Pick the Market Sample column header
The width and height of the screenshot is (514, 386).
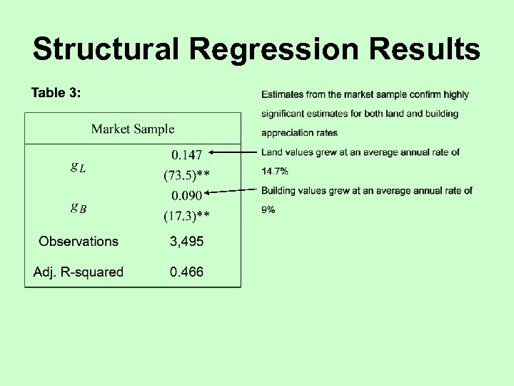point(133,129)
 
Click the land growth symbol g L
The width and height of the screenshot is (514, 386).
point(78,167)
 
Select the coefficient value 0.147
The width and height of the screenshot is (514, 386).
point(186,154)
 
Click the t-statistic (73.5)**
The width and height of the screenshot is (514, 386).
point(186,174)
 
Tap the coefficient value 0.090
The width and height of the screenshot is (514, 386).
point(186,194)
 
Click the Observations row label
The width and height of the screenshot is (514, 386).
point(79,242)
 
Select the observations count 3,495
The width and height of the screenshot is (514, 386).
point(186,242)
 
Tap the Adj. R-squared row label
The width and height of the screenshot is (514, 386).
point(79,272)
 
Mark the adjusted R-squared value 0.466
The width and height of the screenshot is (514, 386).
point(186,272)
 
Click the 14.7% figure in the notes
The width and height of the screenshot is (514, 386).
point(275,172)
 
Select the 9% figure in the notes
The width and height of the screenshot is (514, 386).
point(268,210)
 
